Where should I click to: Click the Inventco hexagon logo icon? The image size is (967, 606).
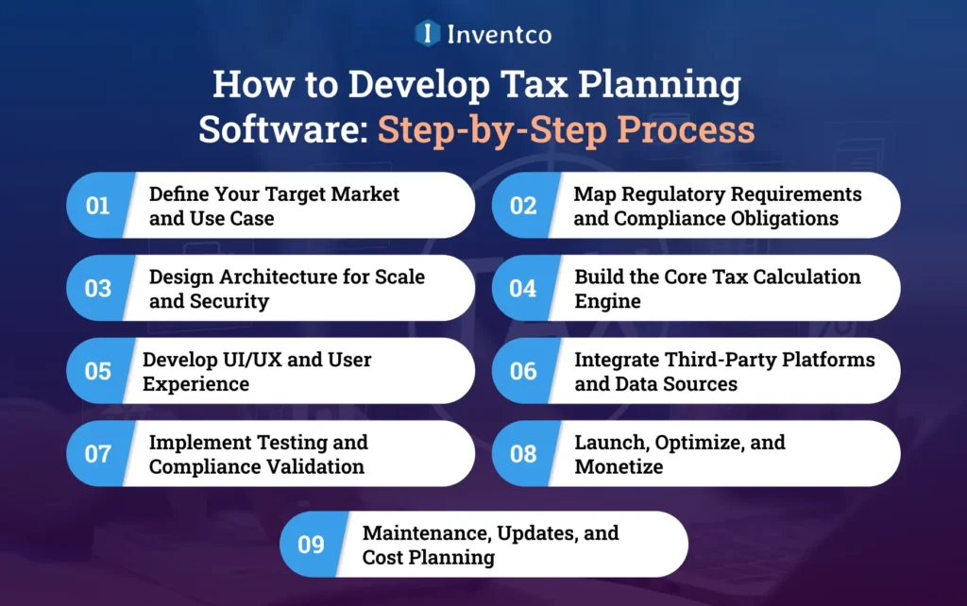pyautogui.click(x=428, y=34)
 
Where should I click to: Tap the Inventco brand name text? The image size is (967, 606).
pyautogui.click(x=498, y=35)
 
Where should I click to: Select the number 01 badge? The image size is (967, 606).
pyautogui.click(x=98, y=205)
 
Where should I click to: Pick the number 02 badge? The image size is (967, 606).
pyautogui.click(x=523, y=205)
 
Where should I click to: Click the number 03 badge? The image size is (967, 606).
pyautogui.click(x=98, y=288)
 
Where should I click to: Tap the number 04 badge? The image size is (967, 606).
pyautogui.click(x=523, y=288)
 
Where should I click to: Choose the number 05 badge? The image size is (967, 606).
pyautogui.click(x=98, y=371)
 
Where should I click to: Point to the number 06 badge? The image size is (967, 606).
pyautogui.click(x=523, y=371)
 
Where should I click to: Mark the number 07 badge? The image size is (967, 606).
pyautogui.click(x=98, y=454)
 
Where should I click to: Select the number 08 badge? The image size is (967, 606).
pyautogui.click(x=523, y=454)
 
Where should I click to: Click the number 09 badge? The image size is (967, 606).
pyautogui.click(x=311, y=545)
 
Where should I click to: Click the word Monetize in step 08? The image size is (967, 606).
pyautogui.click(x=619, y=467)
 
